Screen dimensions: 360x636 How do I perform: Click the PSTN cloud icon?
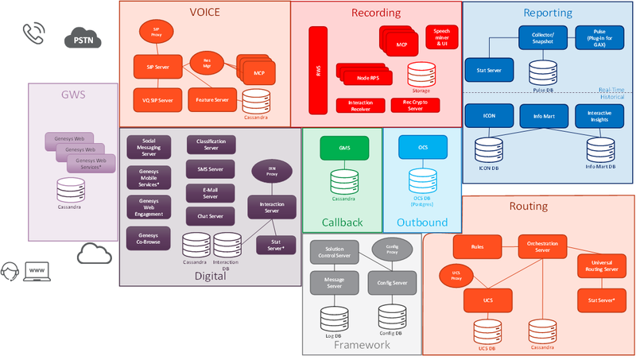pos(80,37)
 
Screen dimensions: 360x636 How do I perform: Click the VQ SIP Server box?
pos(152,100)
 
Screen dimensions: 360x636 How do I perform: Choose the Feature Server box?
pos(211,100)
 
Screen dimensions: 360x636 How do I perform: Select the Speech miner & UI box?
pos(441,37)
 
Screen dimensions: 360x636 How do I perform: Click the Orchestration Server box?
pos(543,246)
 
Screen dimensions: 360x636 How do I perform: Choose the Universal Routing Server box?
pos(600,265)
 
